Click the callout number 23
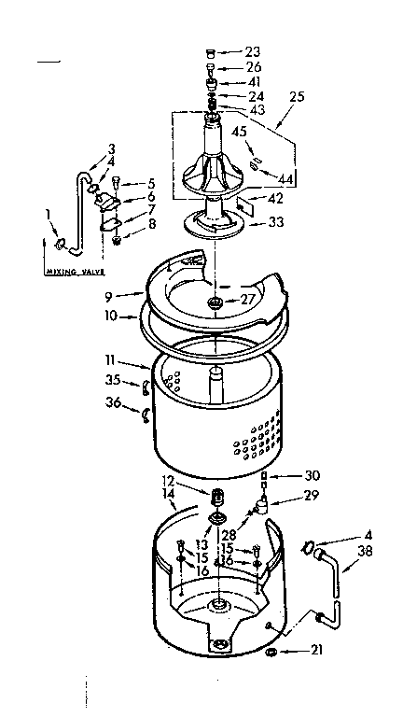254,51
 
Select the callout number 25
299,96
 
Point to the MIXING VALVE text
74,272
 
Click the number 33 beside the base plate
275,222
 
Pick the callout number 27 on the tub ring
246,301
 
